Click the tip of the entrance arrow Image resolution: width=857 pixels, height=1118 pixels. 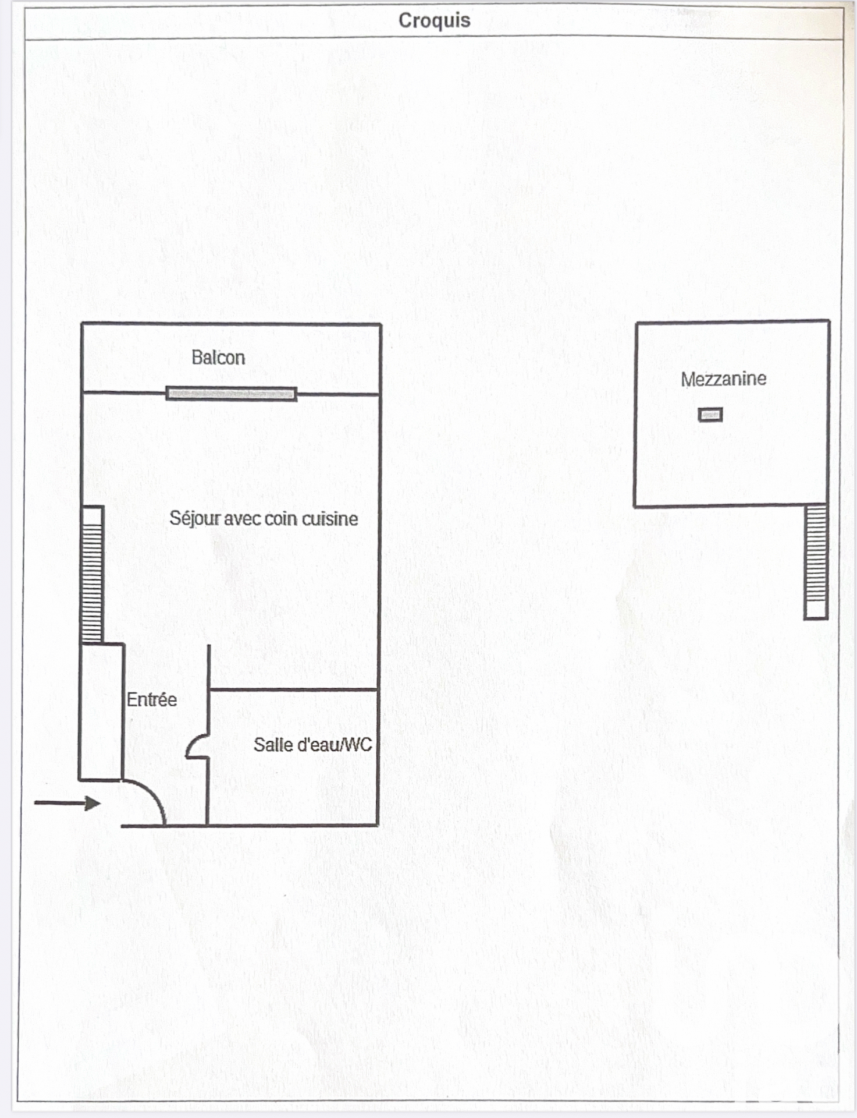(x=101, y=804)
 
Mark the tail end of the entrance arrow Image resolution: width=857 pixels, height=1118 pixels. (x=34, y=804)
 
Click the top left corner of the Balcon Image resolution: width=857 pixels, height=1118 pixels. (x=82, y=323)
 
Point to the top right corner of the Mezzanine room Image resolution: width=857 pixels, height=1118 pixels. (x=829, y=320)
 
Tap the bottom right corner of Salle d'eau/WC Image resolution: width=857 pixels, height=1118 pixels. (x=378, y=825)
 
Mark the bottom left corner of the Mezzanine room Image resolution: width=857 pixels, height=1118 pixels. (x=634, y=507)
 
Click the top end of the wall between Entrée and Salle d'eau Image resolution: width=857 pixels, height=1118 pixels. (x=208, y=645)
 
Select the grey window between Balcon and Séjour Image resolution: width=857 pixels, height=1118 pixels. (x=232, y=394)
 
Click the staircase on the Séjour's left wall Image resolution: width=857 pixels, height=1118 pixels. (x=92, y=575)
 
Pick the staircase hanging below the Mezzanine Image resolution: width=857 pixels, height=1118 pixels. (x=816, y=562)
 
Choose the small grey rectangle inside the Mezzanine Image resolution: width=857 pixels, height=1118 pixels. (x=710, y=415)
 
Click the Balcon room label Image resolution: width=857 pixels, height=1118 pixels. (x=218, y=358)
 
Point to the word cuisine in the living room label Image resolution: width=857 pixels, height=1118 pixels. (x=329, y=519)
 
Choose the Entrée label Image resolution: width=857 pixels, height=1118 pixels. (x=152, y=699)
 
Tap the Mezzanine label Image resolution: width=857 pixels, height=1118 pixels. (x=723, y=379)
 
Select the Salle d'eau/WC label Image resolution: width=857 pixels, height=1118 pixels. (x=312, y=745)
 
